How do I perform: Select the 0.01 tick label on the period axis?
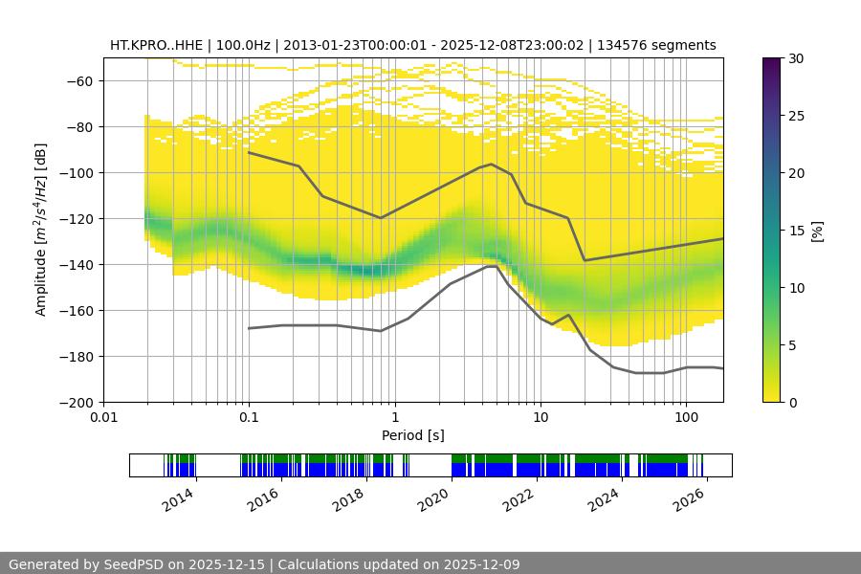point(103,418)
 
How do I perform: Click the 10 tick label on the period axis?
point(541,418)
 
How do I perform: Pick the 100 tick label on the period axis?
point(686,418)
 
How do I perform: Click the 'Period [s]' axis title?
point(412,435)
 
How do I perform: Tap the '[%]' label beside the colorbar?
point(817,231)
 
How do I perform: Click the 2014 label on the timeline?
point(178,496)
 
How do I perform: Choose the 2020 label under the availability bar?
point(434,496)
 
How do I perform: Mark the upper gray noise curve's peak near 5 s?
point(491,164)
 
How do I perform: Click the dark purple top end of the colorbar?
point(771,63)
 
